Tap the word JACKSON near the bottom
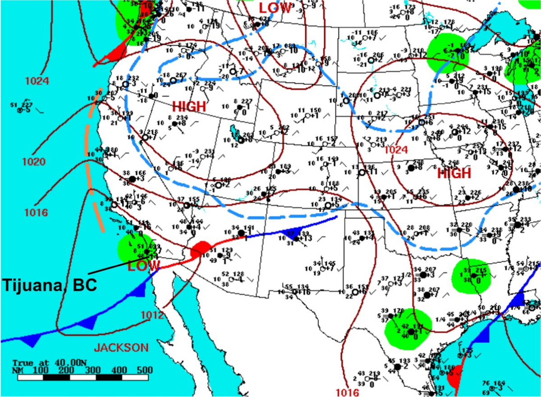121,347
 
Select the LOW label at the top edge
275,8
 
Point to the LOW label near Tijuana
138,266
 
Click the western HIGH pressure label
189,107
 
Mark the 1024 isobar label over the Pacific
37,81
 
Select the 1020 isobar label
34,161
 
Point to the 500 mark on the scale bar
145,370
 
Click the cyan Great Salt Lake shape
234,132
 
